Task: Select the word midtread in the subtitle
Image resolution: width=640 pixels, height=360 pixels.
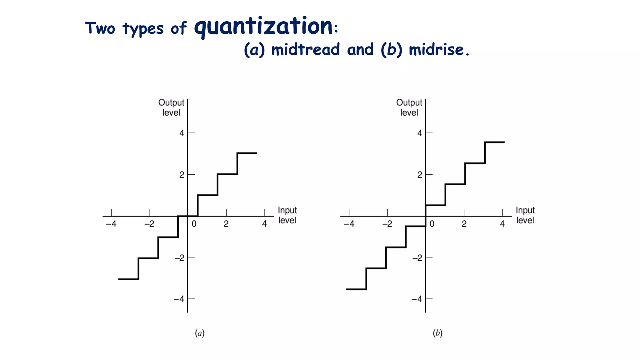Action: coord(305,50)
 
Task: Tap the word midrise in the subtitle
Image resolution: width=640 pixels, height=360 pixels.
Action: coord(436,50)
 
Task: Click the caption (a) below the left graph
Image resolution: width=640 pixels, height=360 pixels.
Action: coord(200,333)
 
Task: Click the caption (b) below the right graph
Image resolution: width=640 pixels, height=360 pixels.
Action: coord(437,333)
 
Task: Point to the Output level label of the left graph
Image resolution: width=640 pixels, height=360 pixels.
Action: coord(171,107)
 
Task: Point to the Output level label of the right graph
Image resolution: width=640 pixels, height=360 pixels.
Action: coord(409,107)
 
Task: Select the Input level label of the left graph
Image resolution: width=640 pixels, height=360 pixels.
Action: coord(287,215)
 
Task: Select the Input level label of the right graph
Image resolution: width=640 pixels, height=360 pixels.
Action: coord(525,215)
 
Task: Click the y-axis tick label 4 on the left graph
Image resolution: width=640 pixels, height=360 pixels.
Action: coord(182,133)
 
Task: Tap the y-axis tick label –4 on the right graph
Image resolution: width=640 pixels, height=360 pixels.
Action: coord(417,299)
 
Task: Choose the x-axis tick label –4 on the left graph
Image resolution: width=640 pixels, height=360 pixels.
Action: coord(111,224)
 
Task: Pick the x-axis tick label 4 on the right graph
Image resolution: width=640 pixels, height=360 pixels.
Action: coord(502,224)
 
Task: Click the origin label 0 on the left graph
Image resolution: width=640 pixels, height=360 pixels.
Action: coord(194,224)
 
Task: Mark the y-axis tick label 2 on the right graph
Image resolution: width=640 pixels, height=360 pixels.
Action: coord(420,175)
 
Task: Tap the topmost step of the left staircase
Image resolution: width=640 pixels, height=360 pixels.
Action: coord(247,153)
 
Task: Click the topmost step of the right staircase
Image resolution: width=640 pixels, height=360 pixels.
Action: coord(494,142)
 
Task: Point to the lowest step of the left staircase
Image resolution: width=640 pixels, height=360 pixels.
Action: coord(128,279)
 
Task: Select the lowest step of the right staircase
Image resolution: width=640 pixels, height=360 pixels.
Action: coord(356,289)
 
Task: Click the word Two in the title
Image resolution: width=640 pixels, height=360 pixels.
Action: coord(100,28)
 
